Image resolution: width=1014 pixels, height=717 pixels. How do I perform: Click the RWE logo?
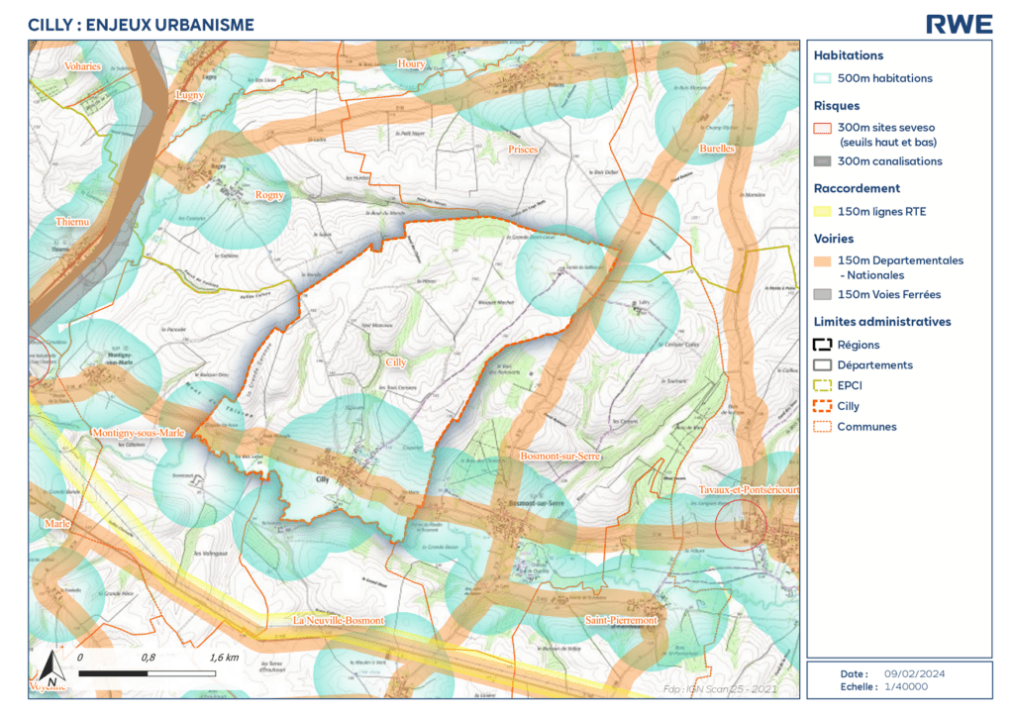tap(958, 24)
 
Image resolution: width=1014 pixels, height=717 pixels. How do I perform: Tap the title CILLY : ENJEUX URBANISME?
tap(141, 25)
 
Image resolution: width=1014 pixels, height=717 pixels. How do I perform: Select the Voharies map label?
tap(82, 66)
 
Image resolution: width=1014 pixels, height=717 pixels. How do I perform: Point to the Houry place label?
tap(411, 64)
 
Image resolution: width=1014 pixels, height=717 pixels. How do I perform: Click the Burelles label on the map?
tap(717, 149)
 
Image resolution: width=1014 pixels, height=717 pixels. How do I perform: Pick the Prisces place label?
tap(522, 150)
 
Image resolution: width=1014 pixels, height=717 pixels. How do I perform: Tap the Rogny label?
tap(269, 195)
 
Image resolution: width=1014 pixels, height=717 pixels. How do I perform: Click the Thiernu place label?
tap(72, 222)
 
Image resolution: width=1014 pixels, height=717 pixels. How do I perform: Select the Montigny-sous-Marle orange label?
tap(138, 434)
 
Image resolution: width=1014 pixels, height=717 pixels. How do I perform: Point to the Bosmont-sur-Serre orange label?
tap(561, 456)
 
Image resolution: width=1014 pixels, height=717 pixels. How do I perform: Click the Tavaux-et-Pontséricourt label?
tap(749, 490)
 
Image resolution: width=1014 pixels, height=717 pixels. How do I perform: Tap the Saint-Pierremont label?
tap(621, 620)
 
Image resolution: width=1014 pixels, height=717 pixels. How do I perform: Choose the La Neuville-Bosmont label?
tap(338, 620)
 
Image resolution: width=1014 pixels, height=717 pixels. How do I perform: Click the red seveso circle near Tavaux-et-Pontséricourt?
tap(741, 524)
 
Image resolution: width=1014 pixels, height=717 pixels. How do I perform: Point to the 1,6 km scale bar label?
tap(225, 657)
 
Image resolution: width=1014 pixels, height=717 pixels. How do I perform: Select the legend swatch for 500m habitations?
tap(822, 78)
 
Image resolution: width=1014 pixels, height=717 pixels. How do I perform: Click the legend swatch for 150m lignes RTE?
tap(822, 211)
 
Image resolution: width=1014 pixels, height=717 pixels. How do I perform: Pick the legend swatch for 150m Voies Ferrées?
tap(822, 294)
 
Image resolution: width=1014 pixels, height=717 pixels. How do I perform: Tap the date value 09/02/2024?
tap(913, 673)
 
